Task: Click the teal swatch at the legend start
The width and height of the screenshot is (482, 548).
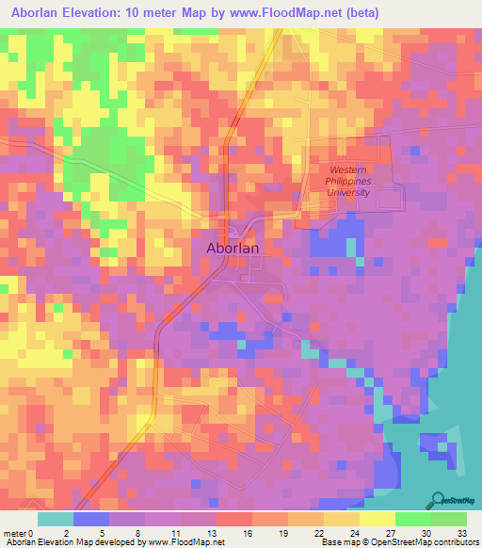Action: click(56, 519)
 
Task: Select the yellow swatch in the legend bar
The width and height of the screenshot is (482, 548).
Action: click(377, 519)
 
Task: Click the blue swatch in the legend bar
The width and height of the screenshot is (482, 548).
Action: click(91, 519)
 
